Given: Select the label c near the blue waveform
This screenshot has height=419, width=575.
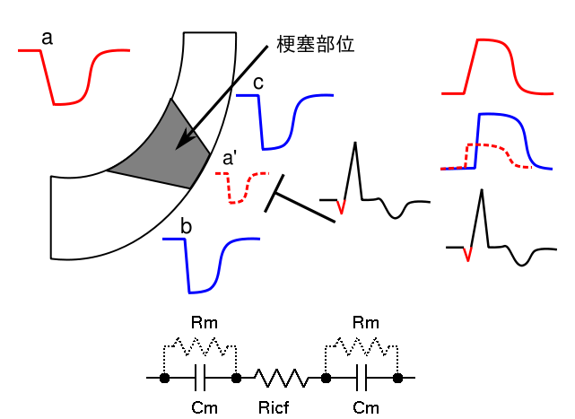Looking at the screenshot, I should click(257, 83).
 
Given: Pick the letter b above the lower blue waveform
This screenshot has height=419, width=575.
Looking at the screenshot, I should click(186, 226).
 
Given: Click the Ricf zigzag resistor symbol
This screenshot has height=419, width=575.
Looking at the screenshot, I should click(281, 379).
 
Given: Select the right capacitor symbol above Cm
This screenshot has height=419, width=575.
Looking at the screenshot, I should click(362, 379).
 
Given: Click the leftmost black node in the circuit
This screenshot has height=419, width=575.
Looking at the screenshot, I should click(164, 379).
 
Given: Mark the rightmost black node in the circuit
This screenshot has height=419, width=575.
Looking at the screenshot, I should click(397, 379).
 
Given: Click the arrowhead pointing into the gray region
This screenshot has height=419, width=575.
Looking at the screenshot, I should click(185, 141).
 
